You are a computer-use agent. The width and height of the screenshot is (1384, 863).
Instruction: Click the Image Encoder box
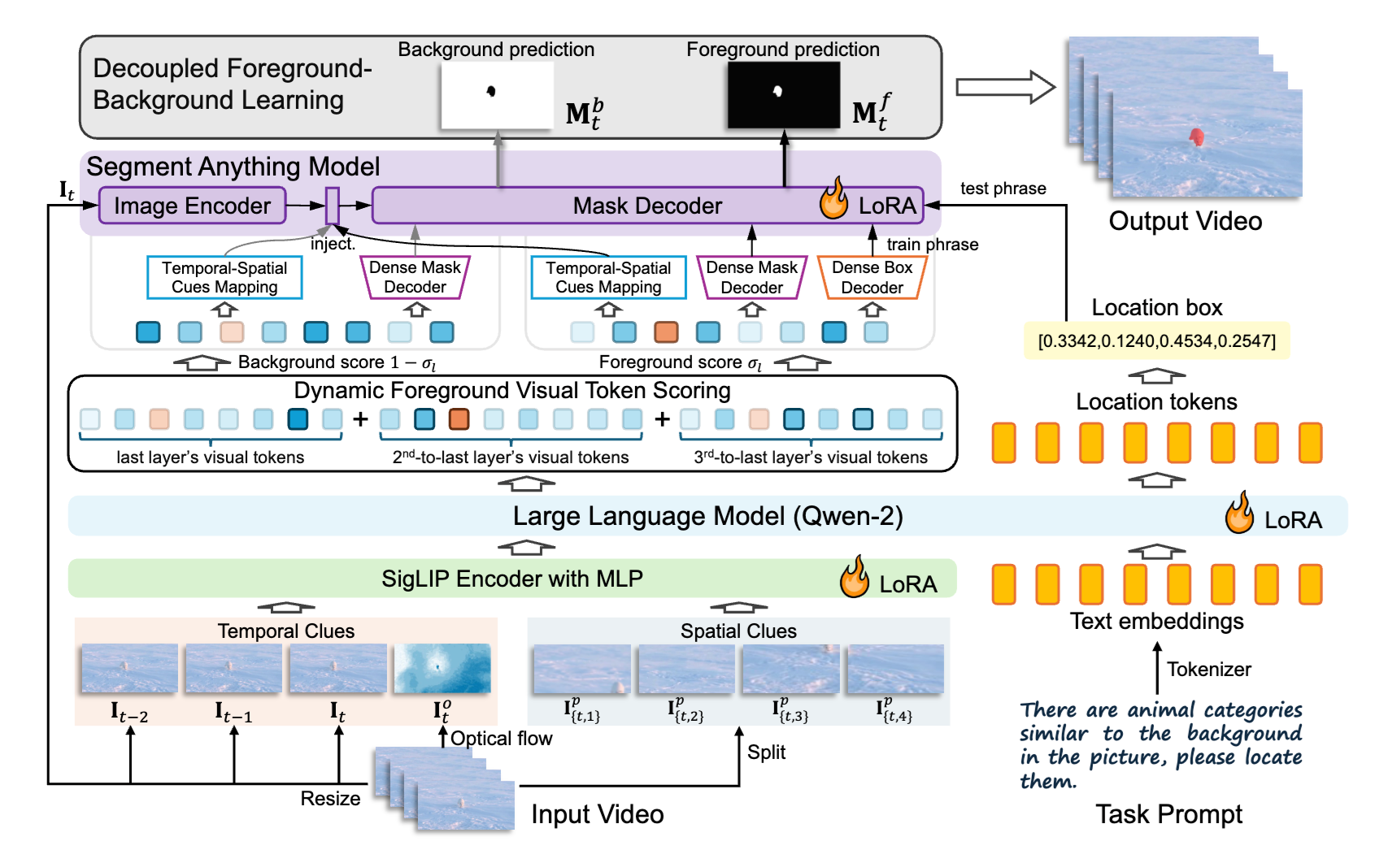(x=192, y=206)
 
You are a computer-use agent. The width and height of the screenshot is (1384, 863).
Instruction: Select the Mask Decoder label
(x=647, y=206)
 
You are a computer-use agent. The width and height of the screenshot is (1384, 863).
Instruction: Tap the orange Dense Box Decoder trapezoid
(x=872, y=278)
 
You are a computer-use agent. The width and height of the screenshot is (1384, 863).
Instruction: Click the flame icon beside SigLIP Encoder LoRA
(x=854, y=578)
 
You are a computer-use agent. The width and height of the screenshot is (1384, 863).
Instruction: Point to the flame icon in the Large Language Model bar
(x=1239, y=514)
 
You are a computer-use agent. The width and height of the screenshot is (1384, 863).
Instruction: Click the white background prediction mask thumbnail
(x=497, y=95)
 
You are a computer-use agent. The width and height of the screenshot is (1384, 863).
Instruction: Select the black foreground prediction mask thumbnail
(x=783, y=95)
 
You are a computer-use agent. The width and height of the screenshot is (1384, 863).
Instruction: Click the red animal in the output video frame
(x=1196, y=137)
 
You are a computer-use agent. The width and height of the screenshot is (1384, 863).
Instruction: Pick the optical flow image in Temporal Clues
(x=442, y=668)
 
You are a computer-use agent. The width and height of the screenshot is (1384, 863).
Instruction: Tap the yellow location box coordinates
(x=1156, y=340)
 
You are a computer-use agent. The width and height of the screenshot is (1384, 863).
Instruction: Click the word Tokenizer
(x=1208, y=669)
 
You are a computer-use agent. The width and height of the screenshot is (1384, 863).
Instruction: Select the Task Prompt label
(x=1169, y=814)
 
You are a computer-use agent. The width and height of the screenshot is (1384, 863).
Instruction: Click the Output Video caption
(x=1185, y=221)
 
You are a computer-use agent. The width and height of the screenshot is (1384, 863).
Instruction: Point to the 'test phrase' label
(x=1003, y=189)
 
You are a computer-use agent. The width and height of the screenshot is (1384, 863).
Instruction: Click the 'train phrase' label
(x=932, y=245)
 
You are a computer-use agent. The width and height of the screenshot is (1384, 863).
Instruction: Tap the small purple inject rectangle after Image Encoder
(x=332, y=206)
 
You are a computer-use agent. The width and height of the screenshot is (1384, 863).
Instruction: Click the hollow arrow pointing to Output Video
(x=1005, y=87)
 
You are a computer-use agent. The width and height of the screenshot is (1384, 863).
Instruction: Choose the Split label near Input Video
(x=766, y=752)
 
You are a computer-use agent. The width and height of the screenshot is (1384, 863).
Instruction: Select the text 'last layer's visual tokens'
(x=210, y=458)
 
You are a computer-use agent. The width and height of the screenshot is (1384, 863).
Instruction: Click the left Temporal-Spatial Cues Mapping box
(x=224, y=277)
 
